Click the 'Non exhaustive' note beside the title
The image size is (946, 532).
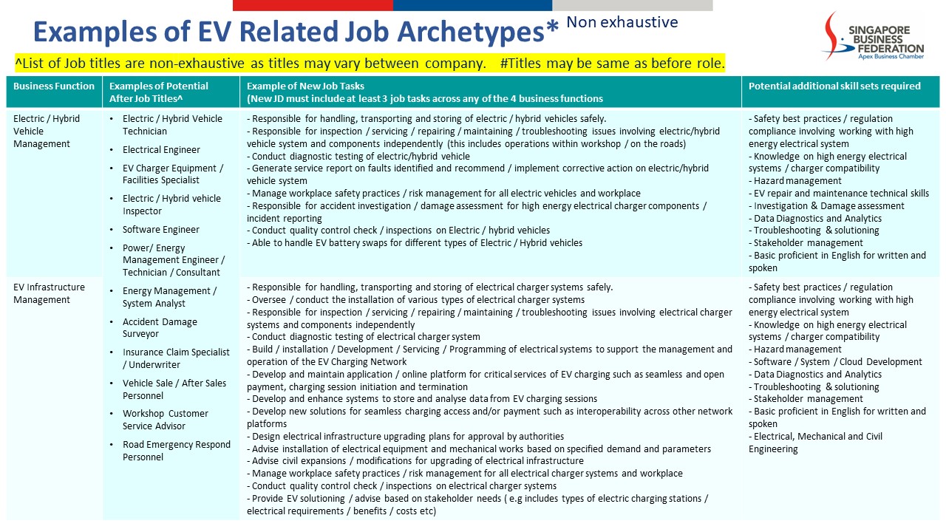622,22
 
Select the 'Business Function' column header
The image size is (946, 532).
54,86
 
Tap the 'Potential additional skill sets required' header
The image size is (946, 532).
834,86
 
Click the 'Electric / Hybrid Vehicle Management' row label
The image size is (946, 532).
47,131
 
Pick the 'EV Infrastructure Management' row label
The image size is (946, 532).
49,293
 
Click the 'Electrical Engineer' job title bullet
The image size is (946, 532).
161,150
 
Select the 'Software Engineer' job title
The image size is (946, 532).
160,230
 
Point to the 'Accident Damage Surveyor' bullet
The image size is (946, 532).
160,328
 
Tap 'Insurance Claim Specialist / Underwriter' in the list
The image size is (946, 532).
175,358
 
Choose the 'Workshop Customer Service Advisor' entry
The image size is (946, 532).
165,420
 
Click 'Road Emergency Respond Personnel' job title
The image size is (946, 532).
176,451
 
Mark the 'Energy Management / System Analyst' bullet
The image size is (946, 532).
169,297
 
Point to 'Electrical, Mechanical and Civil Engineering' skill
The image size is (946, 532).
815,443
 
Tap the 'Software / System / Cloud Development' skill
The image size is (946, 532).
837,362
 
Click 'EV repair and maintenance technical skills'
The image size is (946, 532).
841,194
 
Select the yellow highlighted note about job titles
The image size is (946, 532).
370,63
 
